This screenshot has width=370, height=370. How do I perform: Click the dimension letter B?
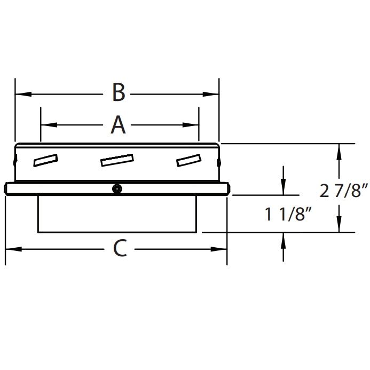click(119, 93)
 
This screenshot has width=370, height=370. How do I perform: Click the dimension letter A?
click(118, 125)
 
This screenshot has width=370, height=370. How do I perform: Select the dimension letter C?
click(121, 248)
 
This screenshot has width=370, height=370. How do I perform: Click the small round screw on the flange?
click(116, 188)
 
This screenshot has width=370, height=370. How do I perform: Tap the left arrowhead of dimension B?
click(20, 94)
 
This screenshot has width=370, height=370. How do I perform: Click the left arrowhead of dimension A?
click(46, 125)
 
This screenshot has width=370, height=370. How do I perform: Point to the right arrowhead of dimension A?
click(193, 125)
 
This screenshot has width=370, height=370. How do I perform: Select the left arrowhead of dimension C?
click(11, 249)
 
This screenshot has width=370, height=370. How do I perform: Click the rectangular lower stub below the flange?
click(118, 214)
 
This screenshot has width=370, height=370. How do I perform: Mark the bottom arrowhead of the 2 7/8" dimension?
click(338, 226)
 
